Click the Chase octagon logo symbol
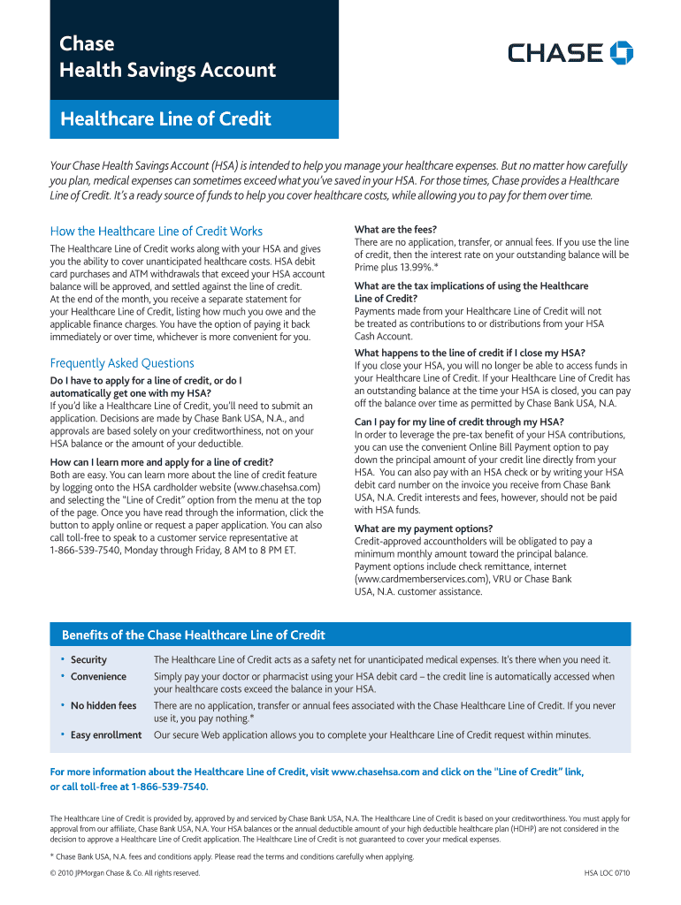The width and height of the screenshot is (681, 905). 622,53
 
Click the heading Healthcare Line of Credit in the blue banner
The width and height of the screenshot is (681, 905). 165,119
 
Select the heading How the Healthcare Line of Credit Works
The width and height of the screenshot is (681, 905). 157,232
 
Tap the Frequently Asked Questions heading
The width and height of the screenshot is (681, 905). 122,363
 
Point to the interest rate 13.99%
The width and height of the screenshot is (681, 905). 410,267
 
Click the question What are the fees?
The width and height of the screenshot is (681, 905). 395,230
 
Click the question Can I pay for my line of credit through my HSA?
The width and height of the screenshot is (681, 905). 459,422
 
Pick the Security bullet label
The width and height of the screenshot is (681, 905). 88,660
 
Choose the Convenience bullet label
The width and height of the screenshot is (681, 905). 98,677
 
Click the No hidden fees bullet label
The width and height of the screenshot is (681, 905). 103,706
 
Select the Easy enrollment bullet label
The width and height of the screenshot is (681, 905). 106,735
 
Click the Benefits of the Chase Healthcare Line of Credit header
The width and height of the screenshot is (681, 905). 193,635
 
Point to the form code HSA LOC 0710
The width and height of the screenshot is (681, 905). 607,873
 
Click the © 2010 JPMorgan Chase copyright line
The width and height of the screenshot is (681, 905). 126,873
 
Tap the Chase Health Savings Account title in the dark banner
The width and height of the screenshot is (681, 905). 167,57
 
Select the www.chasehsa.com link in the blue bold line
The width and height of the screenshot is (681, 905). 374,772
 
